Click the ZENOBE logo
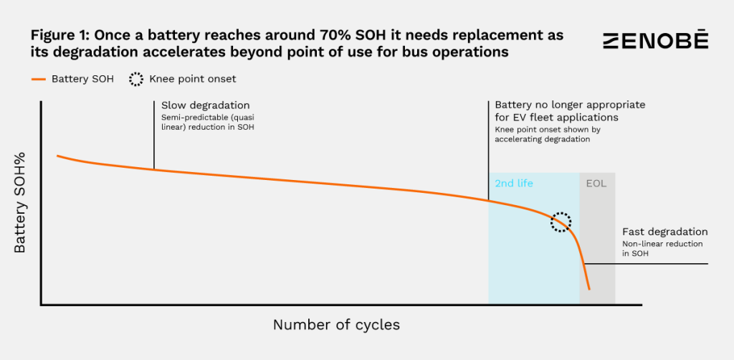point(655,42)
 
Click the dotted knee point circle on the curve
point(561,222)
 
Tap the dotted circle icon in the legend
point(136,79)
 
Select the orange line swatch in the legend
point(39,79)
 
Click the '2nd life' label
point(513,184)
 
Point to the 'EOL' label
point(596,184)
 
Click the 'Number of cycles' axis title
point(336,325)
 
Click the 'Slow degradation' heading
point(200,105)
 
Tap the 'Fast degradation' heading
point(664,232)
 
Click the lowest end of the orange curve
point(589,289)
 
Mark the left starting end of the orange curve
point(57,156)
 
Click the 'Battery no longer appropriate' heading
point(570,105)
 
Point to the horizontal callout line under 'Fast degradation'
point(645,264)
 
